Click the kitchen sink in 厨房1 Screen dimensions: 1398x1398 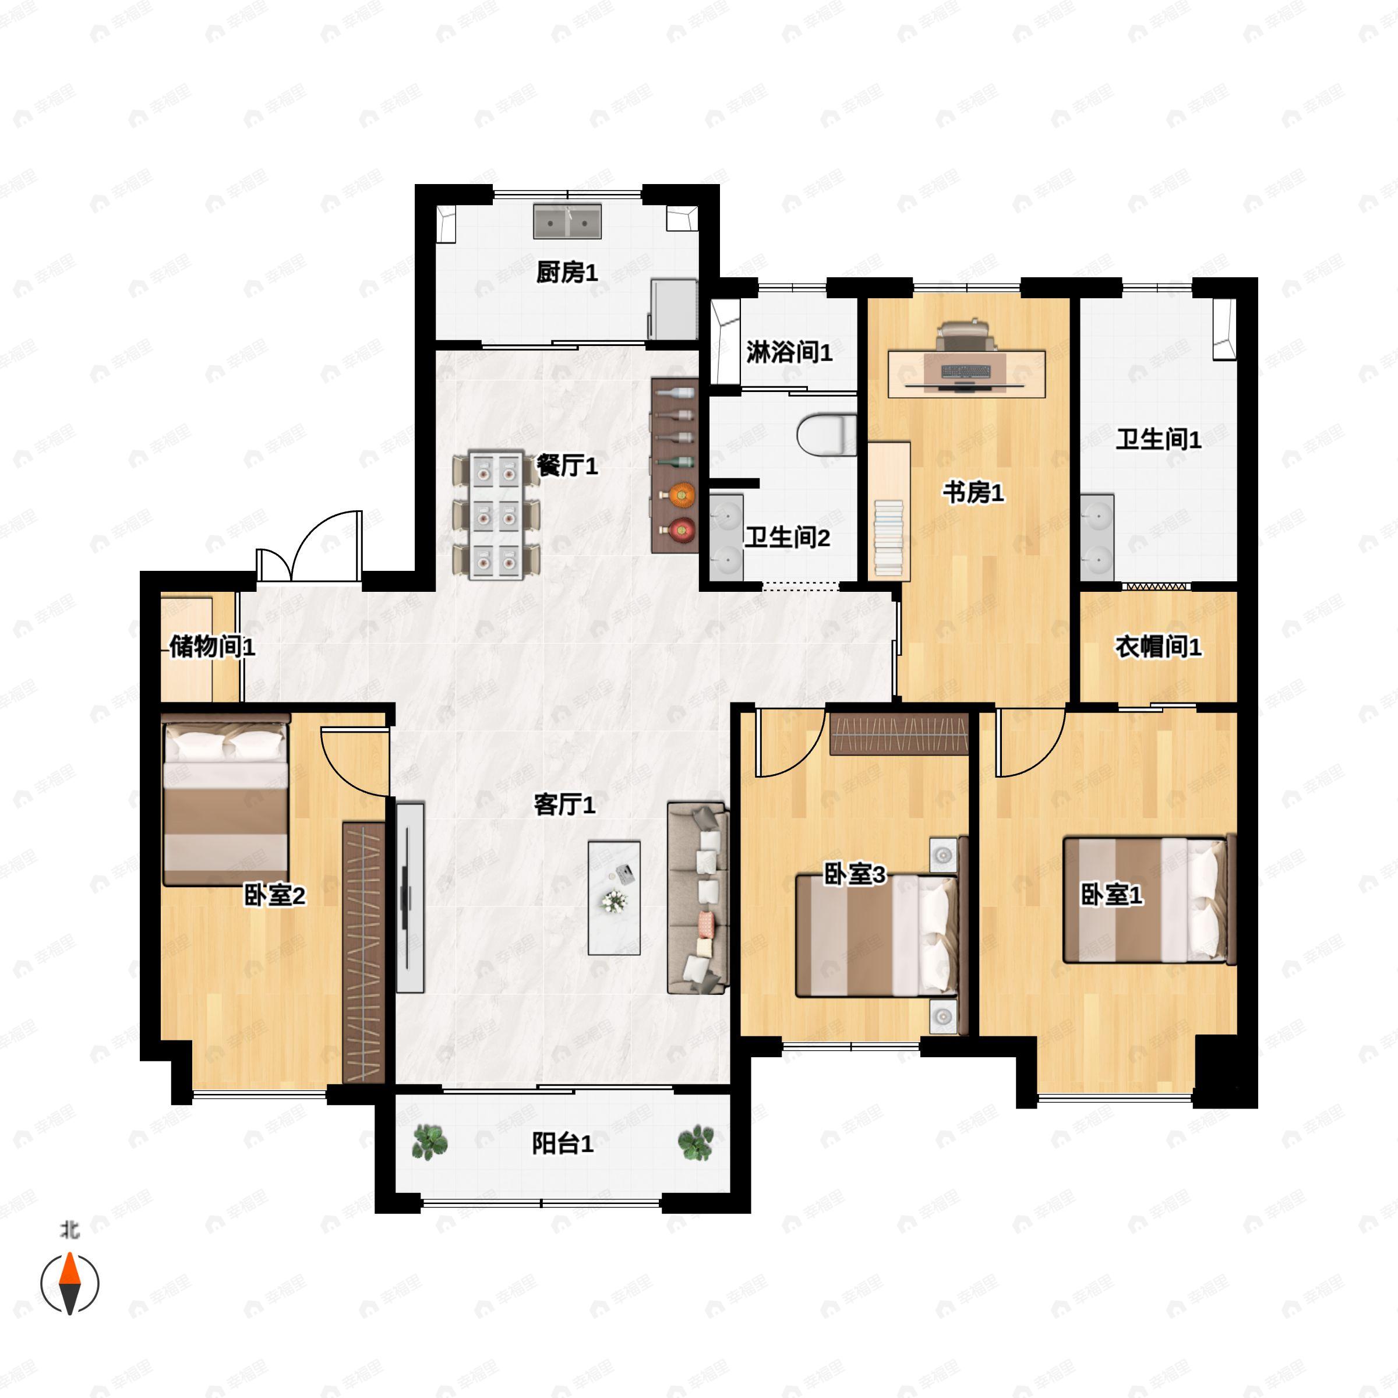(x=567, y=221)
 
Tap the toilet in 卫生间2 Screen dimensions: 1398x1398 (x=827, y=435)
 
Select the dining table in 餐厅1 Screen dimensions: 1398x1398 (x=496, y=514)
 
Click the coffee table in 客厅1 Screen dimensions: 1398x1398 (x=613, y=897)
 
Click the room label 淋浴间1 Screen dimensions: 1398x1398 (x=789, y=352)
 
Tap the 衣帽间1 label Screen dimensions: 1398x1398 (x=1158, y=646)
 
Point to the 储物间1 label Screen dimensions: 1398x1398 (x=212, y=646)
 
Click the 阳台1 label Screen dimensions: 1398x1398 (x=562, y=1143)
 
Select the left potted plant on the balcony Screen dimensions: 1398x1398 (x=430, y=1142)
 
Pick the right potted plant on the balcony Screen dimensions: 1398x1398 (x=696, y=1142)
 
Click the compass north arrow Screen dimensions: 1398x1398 (x=69, y=1283)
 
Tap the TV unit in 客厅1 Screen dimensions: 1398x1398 (x=410, y=897)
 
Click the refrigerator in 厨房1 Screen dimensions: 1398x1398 (x=673, y=309)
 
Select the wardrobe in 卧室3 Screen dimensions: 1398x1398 (x=899, y=735)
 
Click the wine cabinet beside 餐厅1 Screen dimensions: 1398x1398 (x=675, y=465)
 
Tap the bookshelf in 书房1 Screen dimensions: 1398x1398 (x=888, y=511)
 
